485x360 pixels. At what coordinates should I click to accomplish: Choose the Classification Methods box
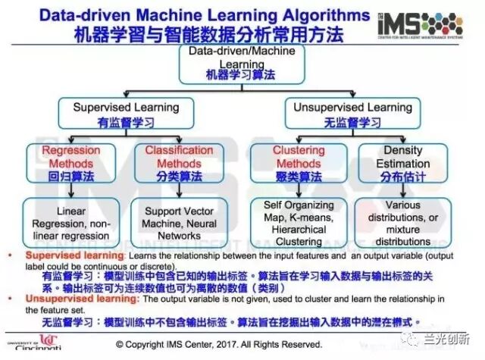point(174,164)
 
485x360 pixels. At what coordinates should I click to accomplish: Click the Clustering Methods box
point(299,164)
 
